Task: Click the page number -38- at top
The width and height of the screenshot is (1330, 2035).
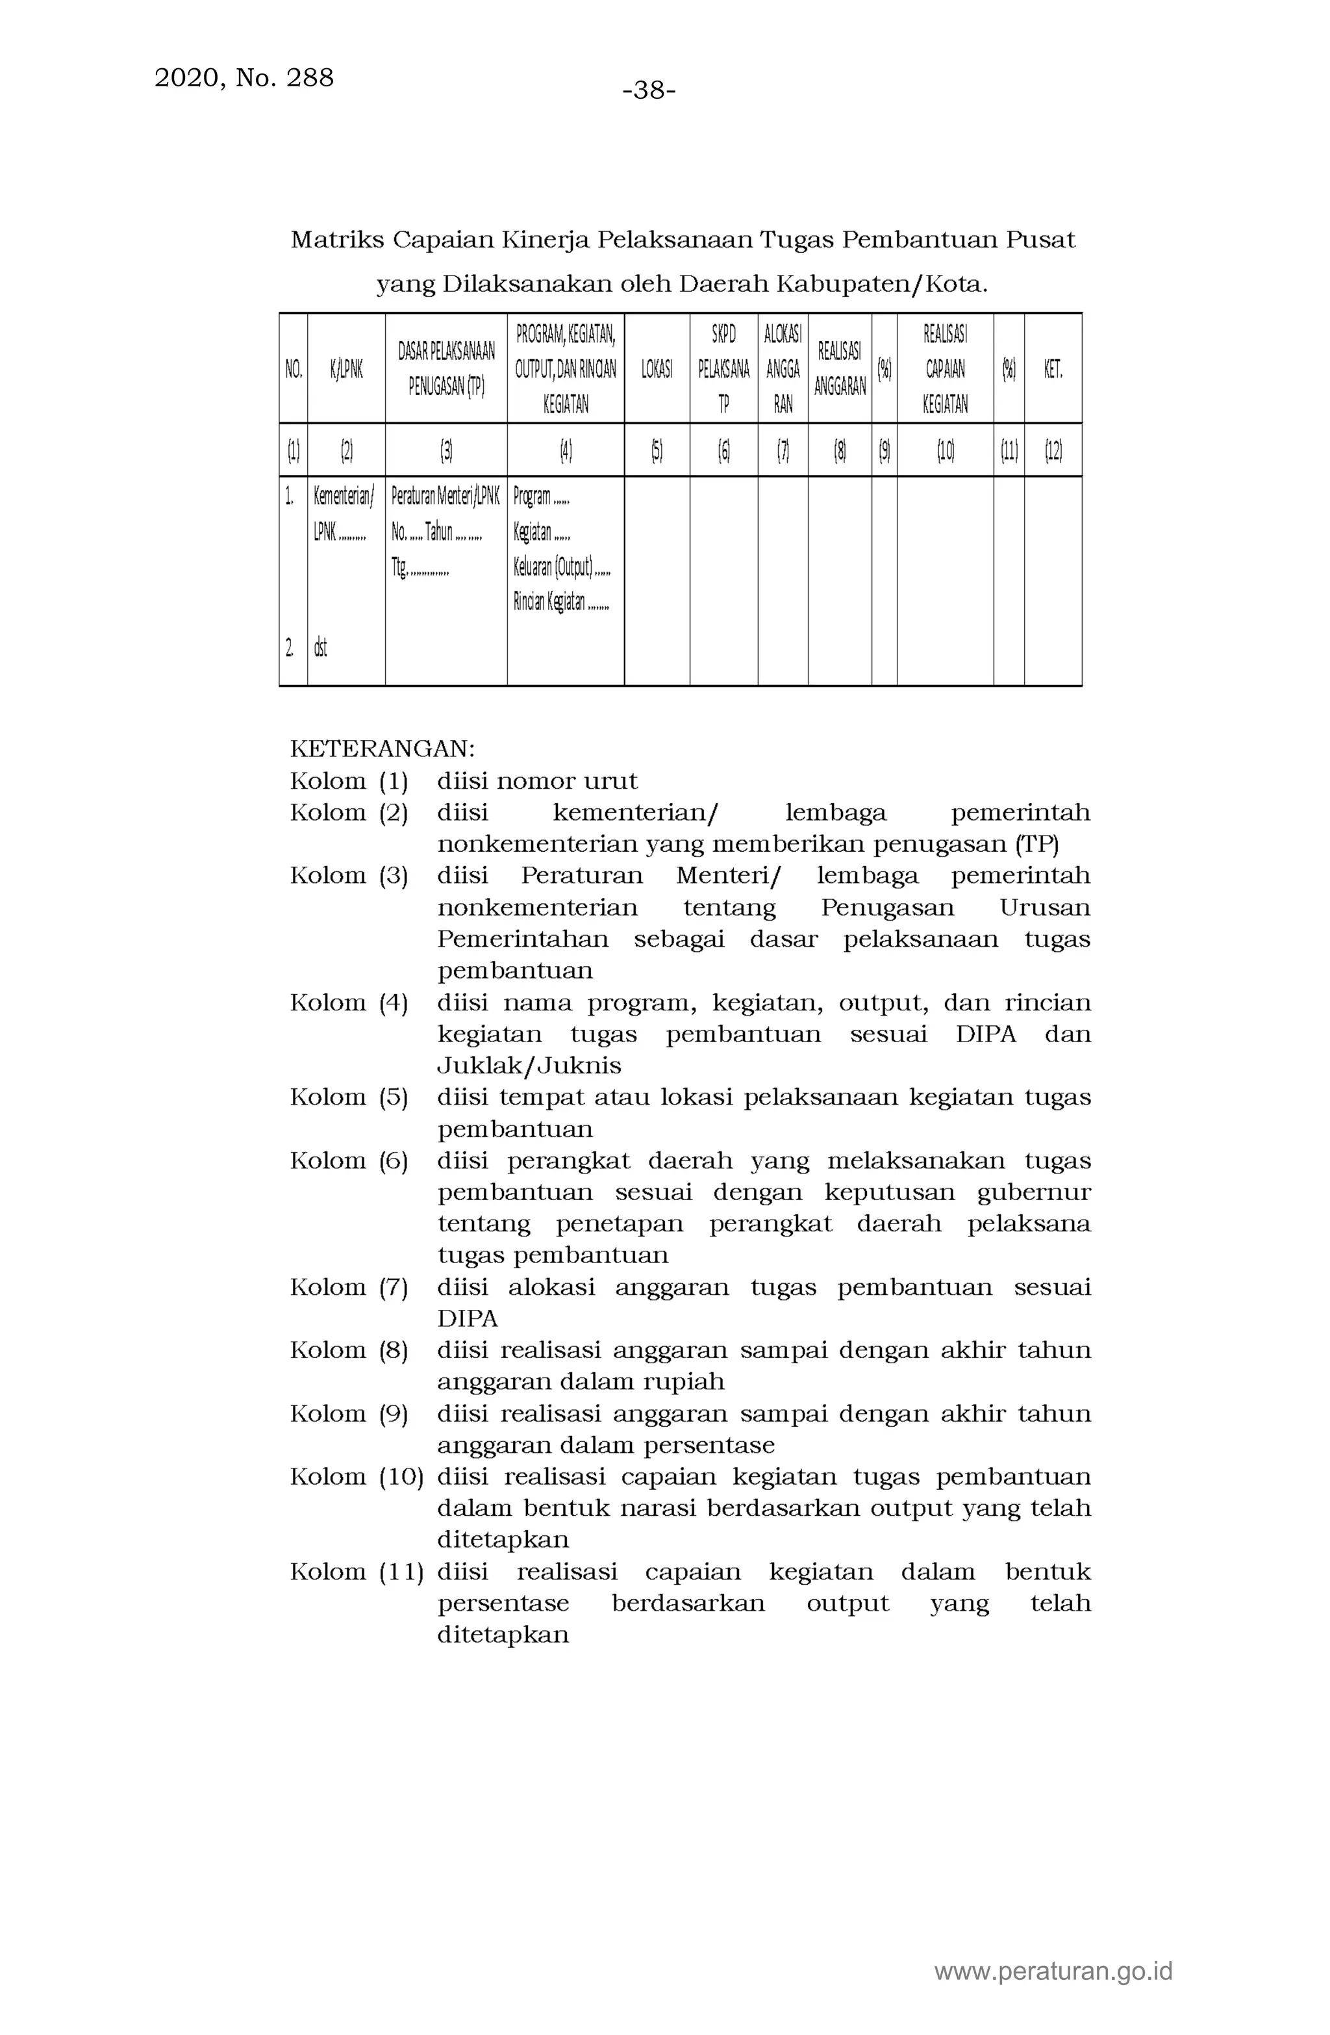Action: tap(649, 90)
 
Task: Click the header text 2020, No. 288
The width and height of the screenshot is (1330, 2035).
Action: tap(244, 78)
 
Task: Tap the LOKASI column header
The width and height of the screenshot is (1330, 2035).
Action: tap(656, 368)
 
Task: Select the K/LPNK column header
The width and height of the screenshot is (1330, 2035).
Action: tap(346, 368)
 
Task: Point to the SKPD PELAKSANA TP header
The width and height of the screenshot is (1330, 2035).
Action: tap(723, 368)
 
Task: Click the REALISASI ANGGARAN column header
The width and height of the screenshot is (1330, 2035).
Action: tap(840, 368)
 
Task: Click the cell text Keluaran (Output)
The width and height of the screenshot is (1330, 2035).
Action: tap(554, 567)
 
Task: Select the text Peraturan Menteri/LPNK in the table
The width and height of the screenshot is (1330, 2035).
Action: tap(444, 496)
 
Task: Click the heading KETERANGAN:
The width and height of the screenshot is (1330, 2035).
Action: tap(382, 749)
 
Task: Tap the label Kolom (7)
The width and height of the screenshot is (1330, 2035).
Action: tap(349, 1287)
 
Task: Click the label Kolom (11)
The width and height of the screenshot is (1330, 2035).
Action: tap(356, 1572)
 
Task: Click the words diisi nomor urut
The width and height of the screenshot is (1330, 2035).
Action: tap(537, 780)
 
